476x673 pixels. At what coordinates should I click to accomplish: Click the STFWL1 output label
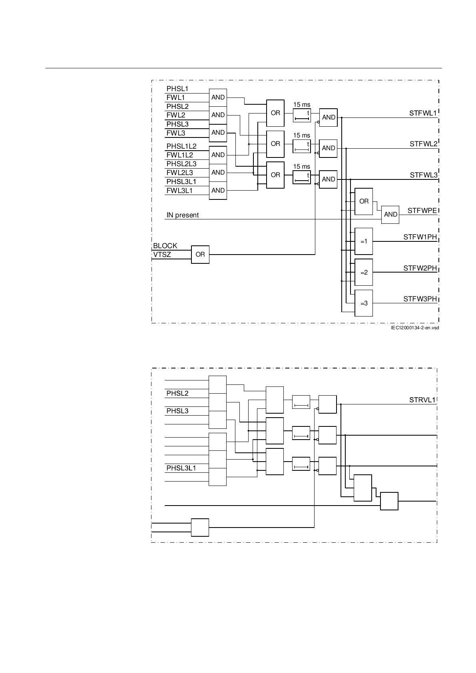pyautogui.click(x=423, y=113)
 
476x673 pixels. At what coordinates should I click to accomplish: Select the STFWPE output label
pyautogui.click(x=422, y=211)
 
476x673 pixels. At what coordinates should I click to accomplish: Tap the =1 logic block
pyautogui.click(x=364, y=241)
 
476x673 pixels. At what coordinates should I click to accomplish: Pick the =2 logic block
pyautogui.click(x=364, y=272)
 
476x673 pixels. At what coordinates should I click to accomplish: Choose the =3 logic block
pyautogui.click(x=364, y=303)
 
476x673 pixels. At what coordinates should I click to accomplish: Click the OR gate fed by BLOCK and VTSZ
pyautogui.click(x=200, y=254)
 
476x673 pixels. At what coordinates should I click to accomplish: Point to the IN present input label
pyautogui.click(x=182, y=215)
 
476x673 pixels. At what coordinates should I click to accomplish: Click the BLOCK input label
pyautogui.click(x=165, y=246)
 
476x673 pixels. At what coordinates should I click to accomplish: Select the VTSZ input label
pyautogui.click(x=162, y=255)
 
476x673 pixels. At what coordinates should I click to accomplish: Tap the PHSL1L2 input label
pyautogui.click(x=181, y=146)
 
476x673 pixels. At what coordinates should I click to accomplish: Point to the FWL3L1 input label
pyautogui.click(x=179, y=191)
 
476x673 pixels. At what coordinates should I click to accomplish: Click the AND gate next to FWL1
pyautogui.click(x=218, y=97)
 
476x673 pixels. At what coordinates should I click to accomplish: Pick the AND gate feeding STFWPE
pyautogui.click(x=390, y=215)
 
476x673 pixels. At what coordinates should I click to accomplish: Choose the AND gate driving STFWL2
pyautogui.click(x=329, y=148)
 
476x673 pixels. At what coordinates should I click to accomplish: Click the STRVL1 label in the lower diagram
pyautogui.click(x=422, y=400)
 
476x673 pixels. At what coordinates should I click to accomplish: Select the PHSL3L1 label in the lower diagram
pyautogui.click(x=181, y=468)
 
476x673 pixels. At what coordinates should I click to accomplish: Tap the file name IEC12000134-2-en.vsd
pyautogui.click(x=414, y=328)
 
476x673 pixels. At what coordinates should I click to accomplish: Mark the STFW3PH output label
pyautogui.click(x=420, y=299)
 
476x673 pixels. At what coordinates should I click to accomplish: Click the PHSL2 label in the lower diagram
pyautogui.click(x=177, y=393)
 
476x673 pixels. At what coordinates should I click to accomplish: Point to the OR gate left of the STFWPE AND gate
pyautogui.click(x=364, y=201)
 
